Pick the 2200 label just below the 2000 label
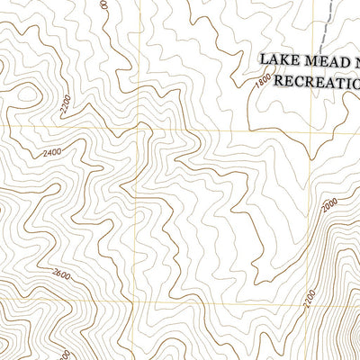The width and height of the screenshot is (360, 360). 310,296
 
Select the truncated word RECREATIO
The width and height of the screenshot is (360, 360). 314,82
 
